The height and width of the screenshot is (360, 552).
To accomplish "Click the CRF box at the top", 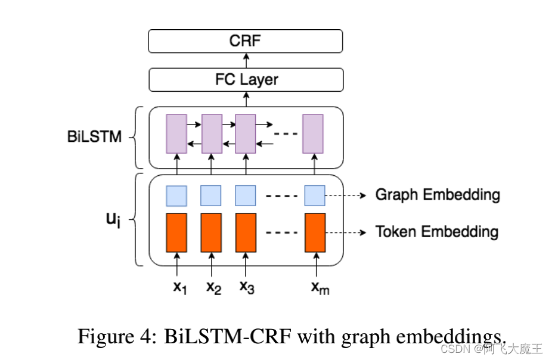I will pos(246,41).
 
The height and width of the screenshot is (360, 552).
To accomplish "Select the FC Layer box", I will pos(246,79).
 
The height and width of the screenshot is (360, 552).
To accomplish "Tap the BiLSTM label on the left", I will pos(94,136).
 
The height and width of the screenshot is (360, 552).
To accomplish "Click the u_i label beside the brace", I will pos(113,220).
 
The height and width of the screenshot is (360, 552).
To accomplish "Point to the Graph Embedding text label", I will pos(437,195).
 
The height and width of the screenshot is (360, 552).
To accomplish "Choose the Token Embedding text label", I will pos(437,231).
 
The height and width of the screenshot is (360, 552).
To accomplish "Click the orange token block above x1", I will pos(176,232).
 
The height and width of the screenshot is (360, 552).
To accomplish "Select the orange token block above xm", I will pos(315,232).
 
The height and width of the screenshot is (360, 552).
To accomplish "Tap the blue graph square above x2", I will pos(210,195).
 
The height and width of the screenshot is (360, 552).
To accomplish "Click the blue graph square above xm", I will pos(315,195).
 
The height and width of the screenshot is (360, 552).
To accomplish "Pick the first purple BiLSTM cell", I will pos(176,134).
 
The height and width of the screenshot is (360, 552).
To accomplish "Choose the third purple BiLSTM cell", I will pos(246,134).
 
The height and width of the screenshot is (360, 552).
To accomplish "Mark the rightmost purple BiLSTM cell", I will pos(312,134).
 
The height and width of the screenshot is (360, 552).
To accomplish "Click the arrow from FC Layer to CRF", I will pos(246,60).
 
